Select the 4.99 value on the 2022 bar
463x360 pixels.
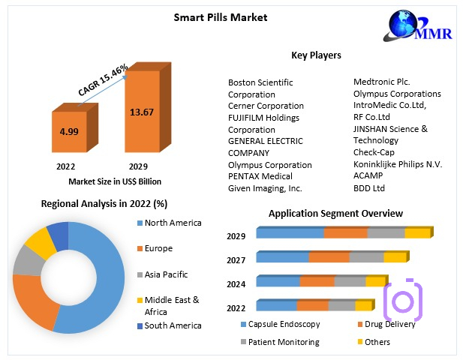[70, 131]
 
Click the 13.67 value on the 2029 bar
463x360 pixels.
[142, 112]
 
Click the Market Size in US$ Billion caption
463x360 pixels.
[115, 181]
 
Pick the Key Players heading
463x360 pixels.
[316, 55]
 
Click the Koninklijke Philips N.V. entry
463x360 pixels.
[398, 164]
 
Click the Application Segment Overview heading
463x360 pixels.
[335, 214]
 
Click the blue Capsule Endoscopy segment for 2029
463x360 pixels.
[290, 233]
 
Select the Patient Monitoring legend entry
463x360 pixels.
[284, 342]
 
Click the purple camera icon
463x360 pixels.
[403, 301]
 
